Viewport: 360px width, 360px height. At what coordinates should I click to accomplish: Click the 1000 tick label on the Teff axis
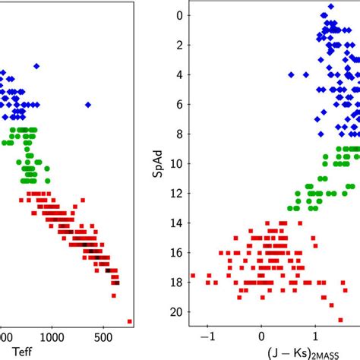click(52, 335)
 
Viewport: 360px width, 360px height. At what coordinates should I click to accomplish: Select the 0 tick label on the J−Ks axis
click(261, 335)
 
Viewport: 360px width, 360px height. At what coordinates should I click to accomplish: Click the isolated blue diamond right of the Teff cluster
click(88, 104)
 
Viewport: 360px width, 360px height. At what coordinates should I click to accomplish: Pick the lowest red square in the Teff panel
click(129, 321)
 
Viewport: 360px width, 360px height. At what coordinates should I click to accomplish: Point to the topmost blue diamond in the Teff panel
click(36, 66)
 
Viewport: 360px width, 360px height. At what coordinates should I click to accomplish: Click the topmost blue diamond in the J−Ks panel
click(330, 6)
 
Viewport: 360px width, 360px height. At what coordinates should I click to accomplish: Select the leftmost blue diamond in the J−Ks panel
click(291, 74)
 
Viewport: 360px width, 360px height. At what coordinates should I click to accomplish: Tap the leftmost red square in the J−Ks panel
click(193, 276)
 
